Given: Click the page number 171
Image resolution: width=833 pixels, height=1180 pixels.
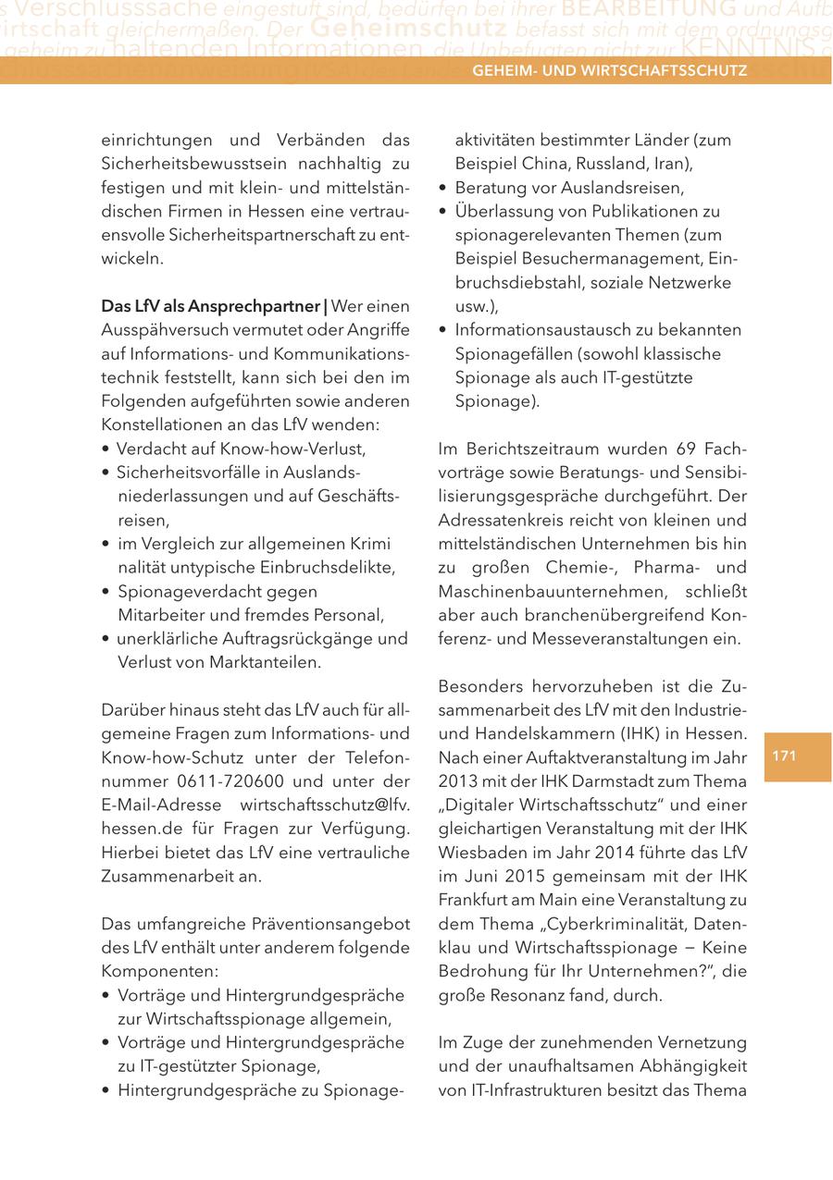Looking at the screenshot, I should click(784, 756).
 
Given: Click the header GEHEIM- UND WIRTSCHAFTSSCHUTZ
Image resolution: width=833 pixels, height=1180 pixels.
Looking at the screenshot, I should click(609, 70).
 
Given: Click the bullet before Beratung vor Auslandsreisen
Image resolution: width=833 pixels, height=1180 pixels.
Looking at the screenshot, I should click(444, 189).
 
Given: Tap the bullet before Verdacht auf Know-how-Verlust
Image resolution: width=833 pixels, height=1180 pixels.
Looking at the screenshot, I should click(107, 449).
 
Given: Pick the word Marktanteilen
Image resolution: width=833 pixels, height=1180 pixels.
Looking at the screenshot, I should click(269, 662).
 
